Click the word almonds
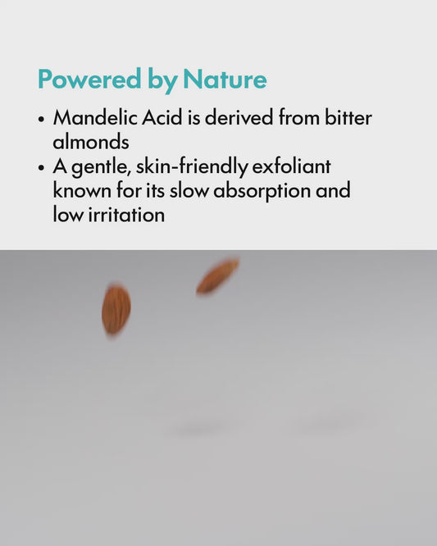coord(91,141)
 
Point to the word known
coord(80,191)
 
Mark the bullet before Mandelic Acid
coord(41,118)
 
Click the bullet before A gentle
coord(41,167)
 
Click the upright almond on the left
coord(116,309)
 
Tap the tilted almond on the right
coord(217,275)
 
